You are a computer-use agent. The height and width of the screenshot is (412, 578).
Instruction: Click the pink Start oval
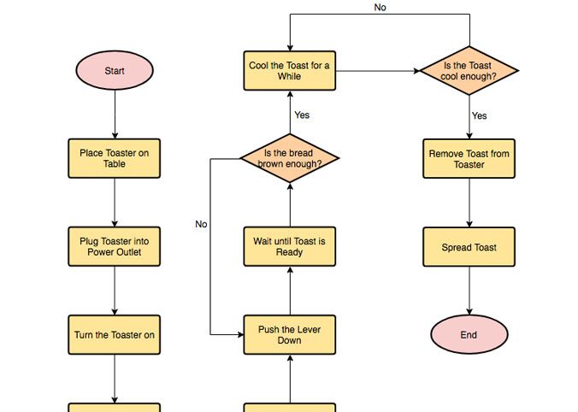[114, 71]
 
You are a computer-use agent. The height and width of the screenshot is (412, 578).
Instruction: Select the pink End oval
[469, 335]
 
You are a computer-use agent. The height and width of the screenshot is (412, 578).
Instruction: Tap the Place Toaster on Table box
[114, 158]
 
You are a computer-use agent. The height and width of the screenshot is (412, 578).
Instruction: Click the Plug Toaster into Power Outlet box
[114, 247]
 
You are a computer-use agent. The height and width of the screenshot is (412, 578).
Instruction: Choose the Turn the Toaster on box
[114, 335]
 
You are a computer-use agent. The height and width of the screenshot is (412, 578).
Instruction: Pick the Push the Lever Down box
[290, 335]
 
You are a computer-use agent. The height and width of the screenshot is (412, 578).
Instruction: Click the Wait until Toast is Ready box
[290, 247]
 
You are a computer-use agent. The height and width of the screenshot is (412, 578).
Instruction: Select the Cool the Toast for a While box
[290, 71]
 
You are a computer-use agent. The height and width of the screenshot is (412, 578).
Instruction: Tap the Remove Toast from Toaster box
[469, 159]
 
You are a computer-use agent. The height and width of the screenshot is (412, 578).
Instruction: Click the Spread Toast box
[469, 248]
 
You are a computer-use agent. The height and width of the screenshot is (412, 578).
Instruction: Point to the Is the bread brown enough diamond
[290, 158]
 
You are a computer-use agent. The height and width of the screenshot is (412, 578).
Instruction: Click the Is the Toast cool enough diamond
[469, 71]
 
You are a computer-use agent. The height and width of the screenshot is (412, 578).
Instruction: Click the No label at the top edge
[380, 8]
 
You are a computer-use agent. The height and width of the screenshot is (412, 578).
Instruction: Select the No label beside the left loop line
[201, 224]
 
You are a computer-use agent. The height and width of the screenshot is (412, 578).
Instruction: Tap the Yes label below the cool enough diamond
[480, 115]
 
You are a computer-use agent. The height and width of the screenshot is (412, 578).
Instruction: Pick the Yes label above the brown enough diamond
[302, 115]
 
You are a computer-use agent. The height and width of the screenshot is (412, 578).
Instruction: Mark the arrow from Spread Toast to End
[469, 291]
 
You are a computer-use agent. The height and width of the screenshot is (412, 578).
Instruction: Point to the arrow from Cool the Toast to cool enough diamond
[376, 71]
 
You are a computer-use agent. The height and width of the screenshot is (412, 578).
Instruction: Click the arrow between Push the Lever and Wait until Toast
[290, 291]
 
